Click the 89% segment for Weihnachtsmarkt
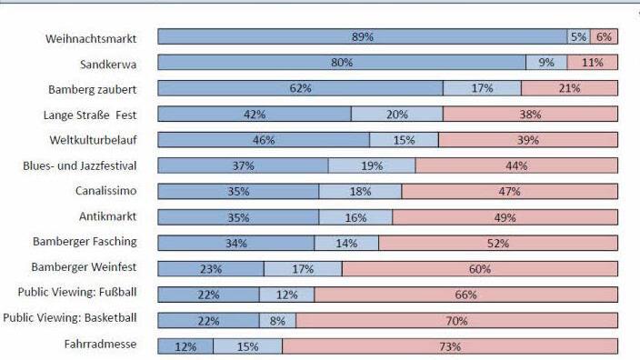(362, 37)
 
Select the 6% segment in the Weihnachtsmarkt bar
(604, 37)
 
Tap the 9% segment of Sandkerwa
(546, 63)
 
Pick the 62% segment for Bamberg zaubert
(300, 88)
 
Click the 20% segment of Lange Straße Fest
(397, 115)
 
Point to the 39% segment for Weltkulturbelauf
(528, 140)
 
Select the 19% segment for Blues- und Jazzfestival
(372, 166)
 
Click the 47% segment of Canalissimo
(510, 192)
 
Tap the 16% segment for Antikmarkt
(355, 218)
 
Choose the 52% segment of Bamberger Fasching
(498, 243)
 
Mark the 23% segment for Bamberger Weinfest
(211, 269)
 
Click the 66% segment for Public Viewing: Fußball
(465, 295)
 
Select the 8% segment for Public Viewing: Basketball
(277, 320)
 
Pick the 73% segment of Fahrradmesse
(450, 346)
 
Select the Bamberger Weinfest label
(85, 267)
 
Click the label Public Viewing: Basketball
(70, 318)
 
